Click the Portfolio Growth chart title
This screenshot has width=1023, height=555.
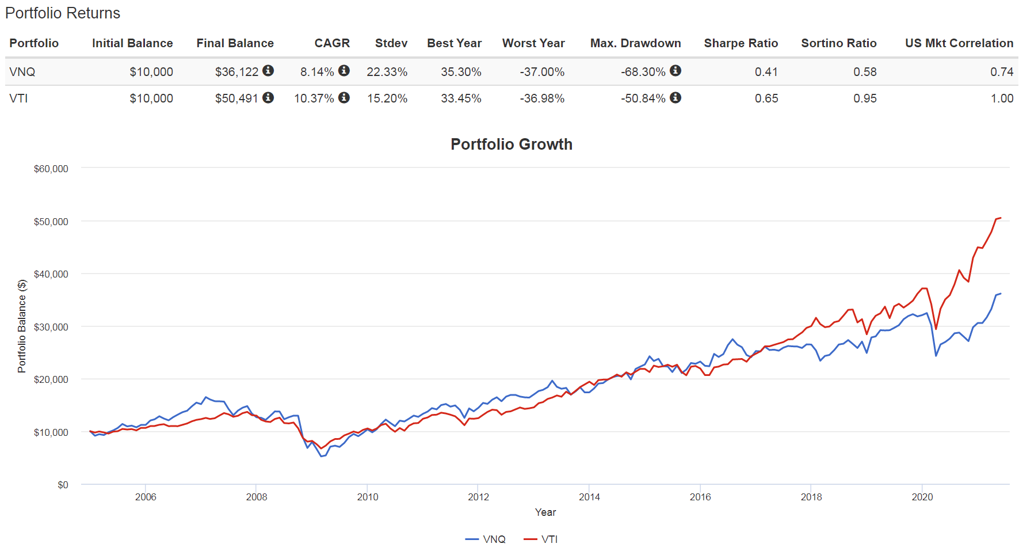pyautogui.click(x=511, y=144)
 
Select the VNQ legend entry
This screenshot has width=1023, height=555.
pyautogui.click(x=486, y=539)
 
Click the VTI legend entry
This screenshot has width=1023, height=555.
pyautogui.click(x=541, y=539)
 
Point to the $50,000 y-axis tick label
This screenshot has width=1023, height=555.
pyautogui.click(x=51, y=222)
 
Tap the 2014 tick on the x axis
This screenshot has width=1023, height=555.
pyautogui.click(x=589, y=497)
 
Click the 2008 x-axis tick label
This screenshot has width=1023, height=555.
pyautogui.click(x=256, y=497)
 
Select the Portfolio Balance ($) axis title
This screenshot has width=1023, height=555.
pyautogui.click(x=22, y=326)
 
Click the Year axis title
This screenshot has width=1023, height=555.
pyautogui.click(x=545, y=512)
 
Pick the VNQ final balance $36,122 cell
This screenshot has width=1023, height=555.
pyautogui.click(x=236, y=72)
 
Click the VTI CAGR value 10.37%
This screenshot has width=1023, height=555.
pyautogui.click(x=314, y=98)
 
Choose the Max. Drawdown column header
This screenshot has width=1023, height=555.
pyautogui.click(x=635, y=43)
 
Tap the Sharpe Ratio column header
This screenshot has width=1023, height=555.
pyautogui.click(x=740, y=43)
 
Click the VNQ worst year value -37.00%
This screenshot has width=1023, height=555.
pyautogui.click(x=541, y=72)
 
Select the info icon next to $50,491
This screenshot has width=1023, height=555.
pyautogui.click(x=268, y=97)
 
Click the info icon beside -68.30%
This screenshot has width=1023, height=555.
pyautogui.click(x=675, y=70)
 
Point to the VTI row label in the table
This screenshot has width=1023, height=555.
pyautogui.click(x=18, y=98)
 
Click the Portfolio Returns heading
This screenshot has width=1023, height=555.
pyautogui.click(x=62, y=13)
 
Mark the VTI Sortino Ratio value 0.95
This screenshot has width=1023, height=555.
pyautogui.click(x=864, y=98)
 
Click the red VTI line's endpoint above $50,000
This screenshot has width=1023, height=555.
pyautogui.click(x=1001, y=218)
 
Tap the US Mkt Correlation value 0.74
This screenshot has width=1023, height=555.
pyautogui.click(x=1001, y=72)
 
